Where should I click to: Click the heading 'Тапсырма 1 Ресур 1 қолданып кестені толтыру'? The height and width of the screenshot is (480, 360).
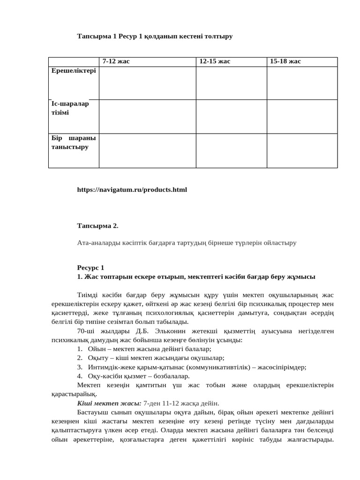tap(155, 36)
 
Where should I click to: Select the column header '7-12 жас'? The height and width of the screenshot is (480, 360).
tap(116, 62)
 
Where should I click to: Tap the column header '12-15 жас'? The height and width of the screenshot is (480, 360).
tap(215, 62)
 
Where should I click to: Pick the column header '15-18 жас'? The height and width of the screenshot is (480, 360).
tap(285, 62)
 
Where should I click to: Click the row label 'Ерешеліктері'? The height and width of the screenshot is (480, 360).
tap(74, 71)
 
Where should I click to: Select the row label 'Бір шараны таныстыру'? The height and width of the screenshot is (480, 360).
tap(74, 142)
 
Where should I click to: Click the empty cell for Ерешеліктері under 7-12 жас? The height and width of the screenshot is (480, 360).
tap(147, 83)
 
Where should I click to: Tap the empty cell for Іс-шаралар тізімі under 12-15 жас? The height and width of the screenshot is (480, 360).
tap(231, 117)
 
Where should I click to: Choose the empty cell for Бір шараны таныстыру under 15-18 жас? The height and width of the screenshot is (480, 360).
tap(302, 150)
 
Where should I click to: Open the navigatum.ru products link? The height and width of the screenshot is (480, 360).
tap(132, 190)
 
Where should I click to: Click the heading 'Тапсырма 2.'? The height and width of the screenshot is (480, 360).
tap(97, 226)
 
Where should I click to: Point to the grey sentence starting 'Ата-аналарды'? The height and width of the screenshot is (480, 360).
tap(187, 243)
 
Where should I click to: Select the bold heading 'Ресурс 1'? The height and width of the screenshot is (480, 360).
tap(90, 268)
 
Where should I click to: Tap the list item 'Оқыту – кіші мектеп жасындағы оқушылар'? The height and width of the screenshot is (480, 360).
tap(156, 358)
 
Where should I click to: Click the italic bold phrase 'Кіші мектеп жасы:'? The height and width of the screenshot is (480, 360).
tap(109, 403)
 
